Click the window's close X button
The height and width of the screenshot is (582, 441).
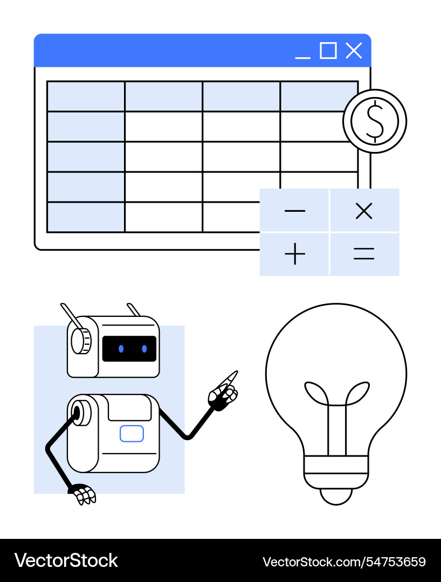click(x=354, y=51)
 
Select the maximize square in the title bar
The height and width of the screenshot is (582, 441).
click(x=328, y=51)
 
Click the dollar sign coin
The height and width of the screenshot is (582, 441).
click(x=375, y=121)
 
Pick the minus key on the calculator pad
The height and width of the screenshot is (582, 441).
click(x=294, y=211)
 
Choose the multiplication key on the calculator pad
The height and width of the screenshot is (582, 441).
click(x=364, y=211)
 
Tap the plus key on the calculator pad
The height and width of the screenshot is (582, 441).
click(x=294, y=254)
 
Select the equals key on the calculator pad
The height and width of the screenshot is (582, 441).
click(x=364, y=254)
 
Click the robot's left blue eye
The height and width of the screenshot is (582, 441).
click(x=121, y=349)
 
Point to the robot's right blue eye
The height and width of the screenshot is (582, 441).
click(x=144, y=349)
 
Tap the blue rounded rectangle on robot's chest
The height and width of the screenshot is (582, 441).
click(x=132, y=433)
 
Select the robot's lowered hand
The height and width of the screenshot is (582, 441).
click(x=84, y=495)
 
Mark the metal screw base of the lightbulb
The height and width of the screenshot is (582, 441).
click(x=336, y=472)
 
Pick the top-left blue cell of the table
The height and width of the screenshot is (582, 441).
click(x=86, y=96)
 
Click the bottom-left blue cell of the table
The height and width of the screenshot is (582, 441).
click(x=86, y=217)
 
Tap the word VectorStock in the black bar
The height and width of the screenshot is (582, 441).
click(x=66, y=560)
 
